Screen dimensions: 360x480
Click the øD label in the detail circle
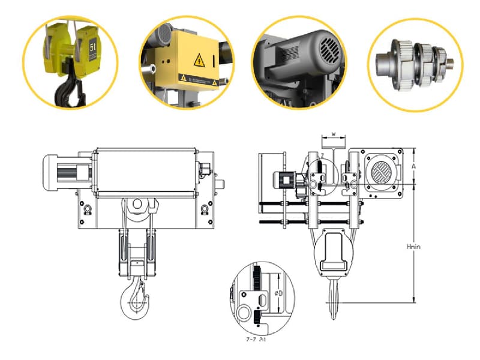click(x=278, y=292)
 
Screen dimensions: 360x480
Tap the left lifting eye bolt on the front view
click(x=86, y=208)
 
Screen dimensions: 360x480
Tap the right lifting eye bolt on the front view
click(x=205, y=208)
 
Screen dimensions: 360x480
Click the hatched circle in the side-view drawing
click(x=382, y=174)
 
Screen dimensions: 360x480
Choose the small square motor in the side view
click(x=284, y=179)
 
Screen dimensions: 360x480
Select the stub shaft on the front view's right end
click(x=221, y=182)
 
